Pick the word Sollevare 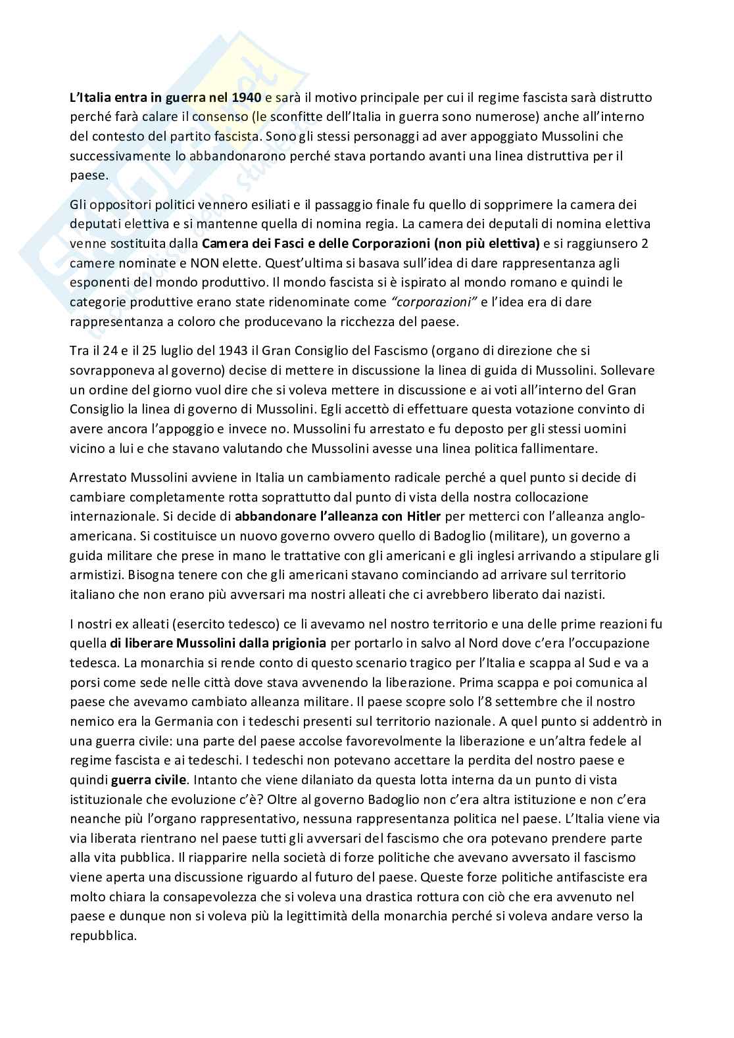[625, 370]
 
